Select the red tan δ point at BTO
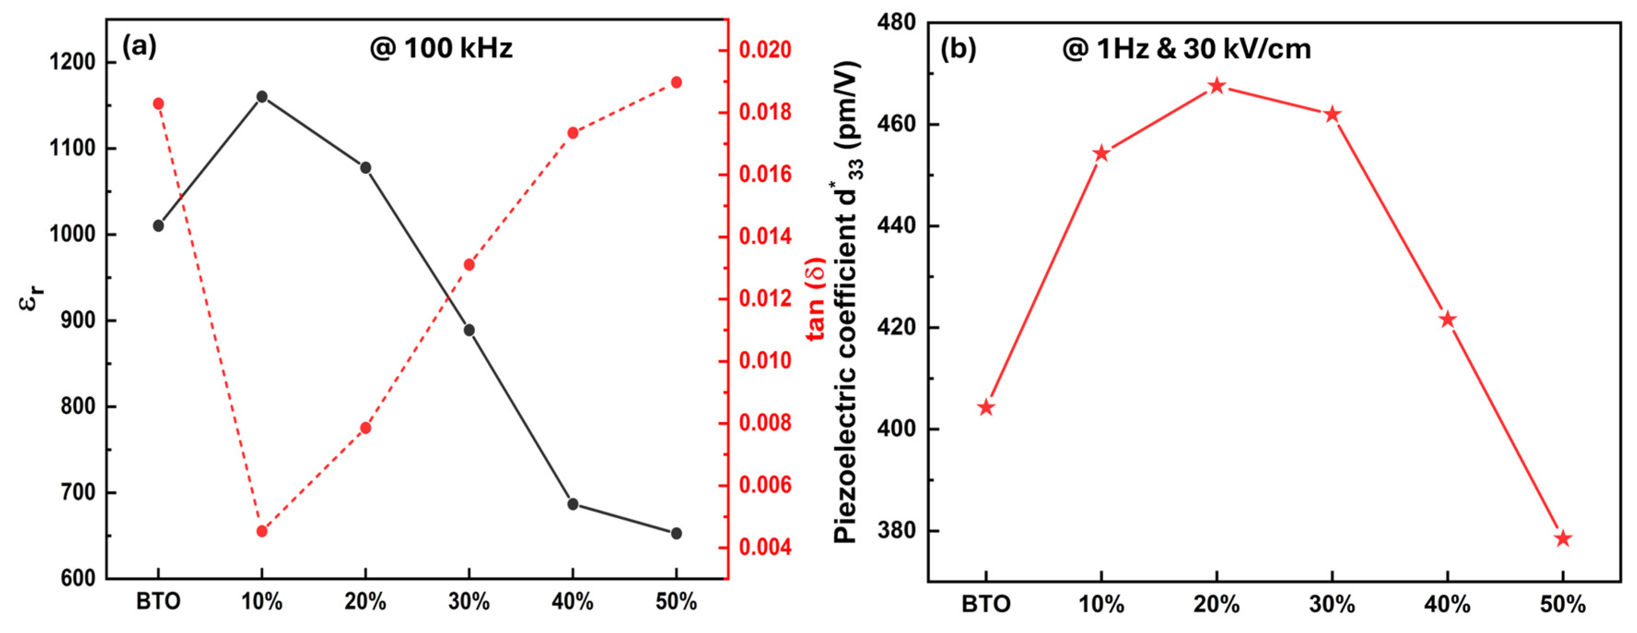pyautogui.click(x=158, y=104)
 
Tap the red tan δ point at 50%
pyautogui.click(x=676, y=82)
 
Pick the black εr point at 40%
pyautogui.click(x=572, y=504)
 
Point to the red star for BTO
pyautogui.click(x=985, y=407)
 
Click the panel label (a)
pyautogui.click(x=139, y=47)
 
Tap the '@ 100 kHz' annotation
pyautogui.click(x=441, y=48)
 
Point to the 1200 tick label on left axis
pyautogui.click(x=72, y=62)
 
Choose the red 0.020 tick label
pyautogui.click(x=766, y=50)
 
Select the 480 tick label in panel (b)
pyautogui.click(x=896, y=22)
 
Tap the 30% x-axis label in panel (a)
pyautogui.click(x=469, y=601)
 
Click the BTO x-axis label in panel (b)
pyautogui.click(x=985, y=604)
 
